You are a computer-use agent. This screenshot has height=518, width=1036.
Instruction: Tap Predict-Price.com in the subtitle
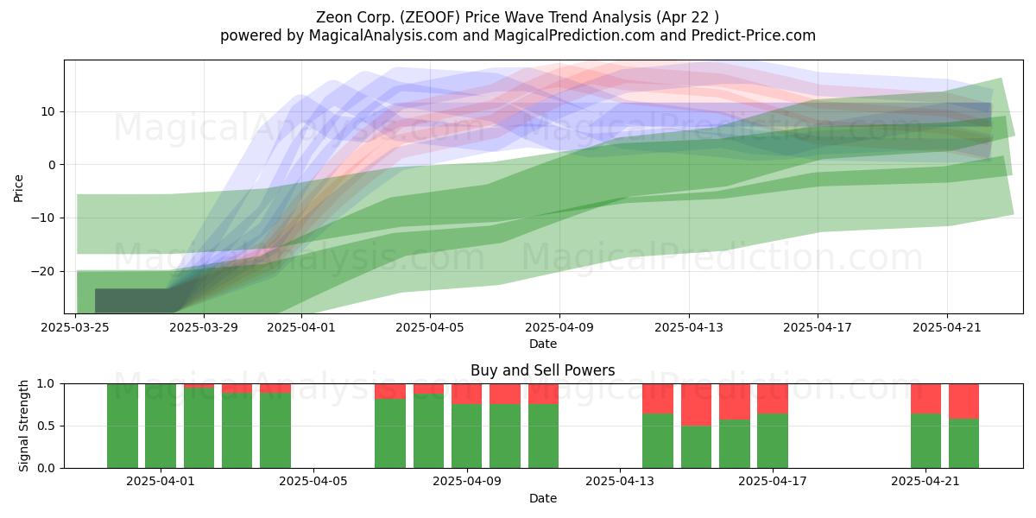point(754,35)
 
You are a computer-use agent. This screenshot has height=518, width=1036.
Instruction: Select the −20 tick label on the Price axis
point(42,271)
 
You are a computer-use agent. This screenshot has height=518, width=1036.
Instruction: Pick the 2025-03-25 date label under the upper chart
point(75,327)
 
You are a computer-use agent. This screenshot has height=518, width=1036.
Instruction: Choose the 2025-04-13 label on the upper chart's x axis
point(689,327)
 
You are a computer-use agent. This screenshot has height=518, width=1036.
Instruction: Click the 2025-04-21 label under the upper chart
point(947,327)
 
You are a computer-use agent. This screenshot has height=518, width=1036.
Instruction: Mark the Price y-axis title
point(18,189)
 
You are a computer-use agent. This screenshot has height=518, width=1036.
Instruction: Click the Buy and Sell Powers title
point(542,370)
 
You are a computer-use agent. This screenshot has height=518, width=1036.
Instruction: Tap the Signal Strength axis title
point(23,426)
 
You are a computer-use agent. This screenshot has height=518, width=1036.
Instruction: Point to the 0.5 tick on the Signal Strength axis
point(47,426)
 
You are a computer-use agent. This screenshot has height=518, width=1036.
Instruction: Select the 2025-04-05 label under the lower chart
point(313,482)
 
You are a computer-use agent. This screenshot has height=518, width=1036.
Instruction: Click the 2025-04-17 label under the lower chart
point(773,482)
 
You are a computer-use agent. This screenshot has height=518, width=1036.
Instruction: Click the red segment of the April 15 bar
point(696,405)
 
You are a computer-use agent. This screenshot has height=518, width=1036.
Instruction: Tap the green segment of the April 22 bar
point(963,444)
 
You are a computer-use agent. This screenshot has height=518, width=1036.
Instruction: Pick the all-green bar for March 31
point(123,426)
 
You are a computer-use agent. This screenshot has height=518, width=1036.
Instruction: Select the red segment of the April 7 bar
point(390,391)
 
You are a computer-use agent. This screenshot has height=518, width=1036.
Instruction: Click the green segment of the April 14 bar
point(658,441)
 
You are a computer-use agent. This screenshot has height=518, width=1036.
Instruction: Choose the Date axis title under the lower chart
point(543,498)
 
